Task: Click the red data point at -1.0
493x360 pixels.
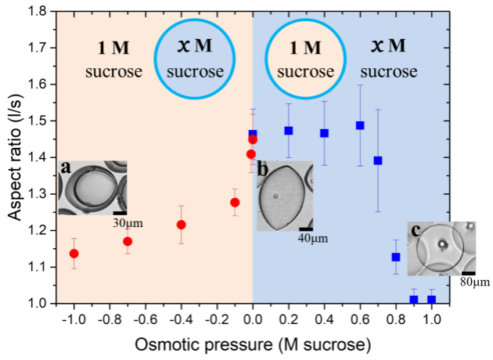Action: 74,254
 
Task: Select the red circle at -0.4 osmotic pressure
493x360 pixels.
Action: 181,225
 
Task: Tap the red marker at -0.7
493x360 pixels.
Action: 128,242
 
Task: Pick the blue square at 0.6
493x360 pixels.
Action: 360,125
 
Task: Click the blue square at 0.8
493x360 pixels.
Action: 396,257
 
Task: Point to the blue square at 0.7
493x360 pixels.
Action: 378,160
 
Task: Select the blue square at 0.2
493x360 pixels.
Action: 289,131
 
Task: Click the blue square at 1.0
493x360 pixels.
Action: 431,300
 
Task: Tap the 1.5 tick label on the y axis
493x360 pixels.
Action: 38,121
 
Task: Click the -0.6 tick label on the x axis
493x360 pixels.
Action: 146,320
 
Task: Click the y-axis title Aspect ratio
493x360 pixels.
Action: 15,157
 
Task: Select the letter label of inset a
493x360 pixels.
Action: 66,168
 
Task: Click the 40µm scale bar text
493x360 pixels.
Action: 313,239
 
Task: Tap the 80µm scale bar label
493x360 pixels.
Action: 476,282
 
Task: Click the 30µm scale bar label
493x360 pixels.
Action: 128,223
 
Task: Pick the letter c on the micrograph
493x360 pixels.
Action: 416,231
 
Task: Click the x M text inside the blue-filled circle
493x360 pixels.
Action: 195,45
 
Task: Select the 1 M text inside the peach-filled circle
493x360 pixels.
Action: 305,48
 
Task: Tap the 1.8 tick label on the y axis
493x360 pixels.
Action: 38,12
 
